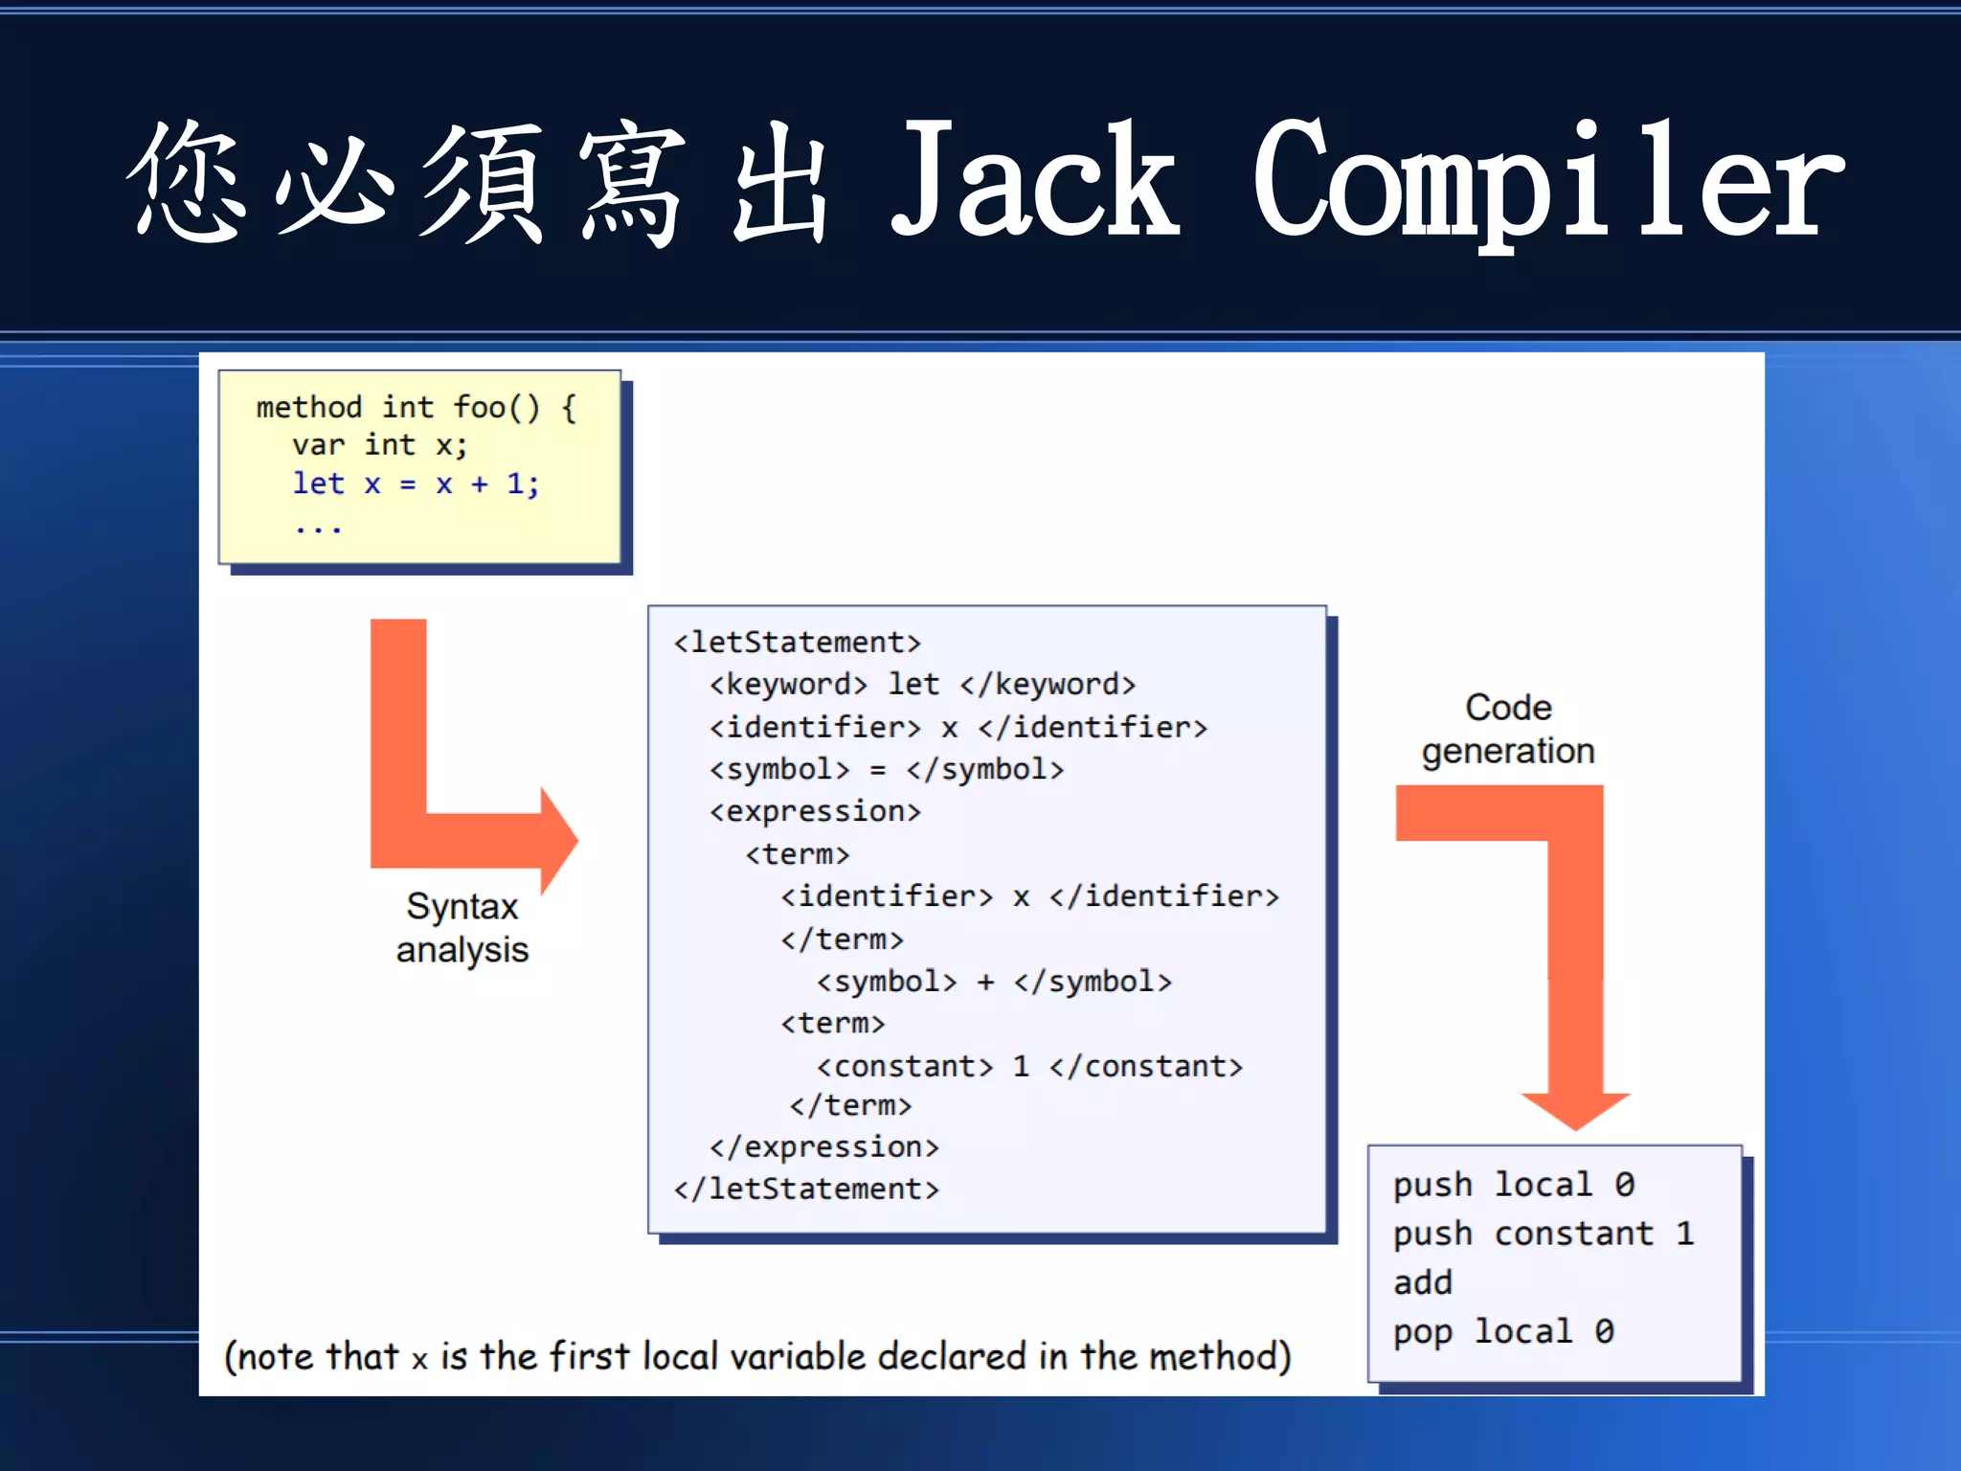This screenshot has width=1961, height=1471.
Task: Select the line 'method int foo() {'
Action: click(x=417, y=408)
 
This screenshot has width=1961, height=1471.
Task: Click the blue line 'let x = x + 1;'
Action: click(x=416, y=484)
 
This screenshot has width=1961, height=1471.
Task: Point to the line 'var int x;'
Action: click(x=379, y=445)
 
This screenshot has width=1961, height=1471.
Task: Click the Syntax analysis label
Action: click(x=462, y=927)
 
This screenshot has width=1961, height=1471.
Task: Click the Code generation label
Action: click(x=1507, y=729)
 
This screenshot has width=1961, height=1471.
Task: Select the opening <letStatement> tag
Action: click(x=797, y=642)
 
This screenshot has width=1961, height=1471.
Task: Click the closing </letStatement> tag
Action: click(x=806, y=1188)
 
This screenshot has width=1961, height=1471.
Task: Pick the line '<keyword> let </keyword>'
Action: click(x=922, y=684)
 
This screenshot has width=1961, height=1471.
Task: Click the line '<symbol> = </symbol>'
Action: click(x=886, y=769)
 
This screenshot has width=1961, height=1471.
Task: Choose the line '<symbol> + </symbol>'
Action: click(x=993, y=982)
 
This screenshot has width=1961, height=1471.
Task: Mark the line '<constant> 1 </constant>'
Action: click(x=1028, y=1066)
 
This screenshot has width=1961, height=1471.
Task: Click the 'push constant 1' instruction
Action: click(x=1543, y=1233)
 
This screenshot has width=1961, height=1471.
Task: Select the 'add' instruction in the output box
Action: click(x=1423, y=1282)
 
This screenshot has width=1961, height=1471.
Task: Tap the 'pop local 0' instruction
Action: click(x=1503, y=1331)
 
